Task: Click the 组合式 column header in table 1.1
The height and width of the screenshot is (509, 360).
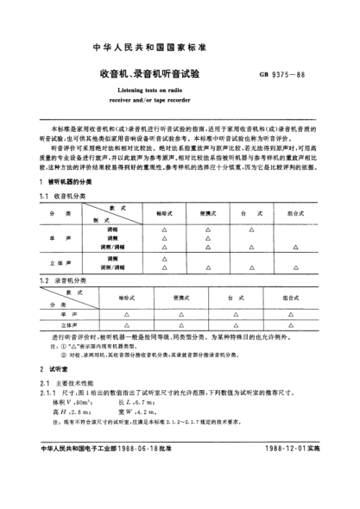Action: (x=296, y=211)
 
